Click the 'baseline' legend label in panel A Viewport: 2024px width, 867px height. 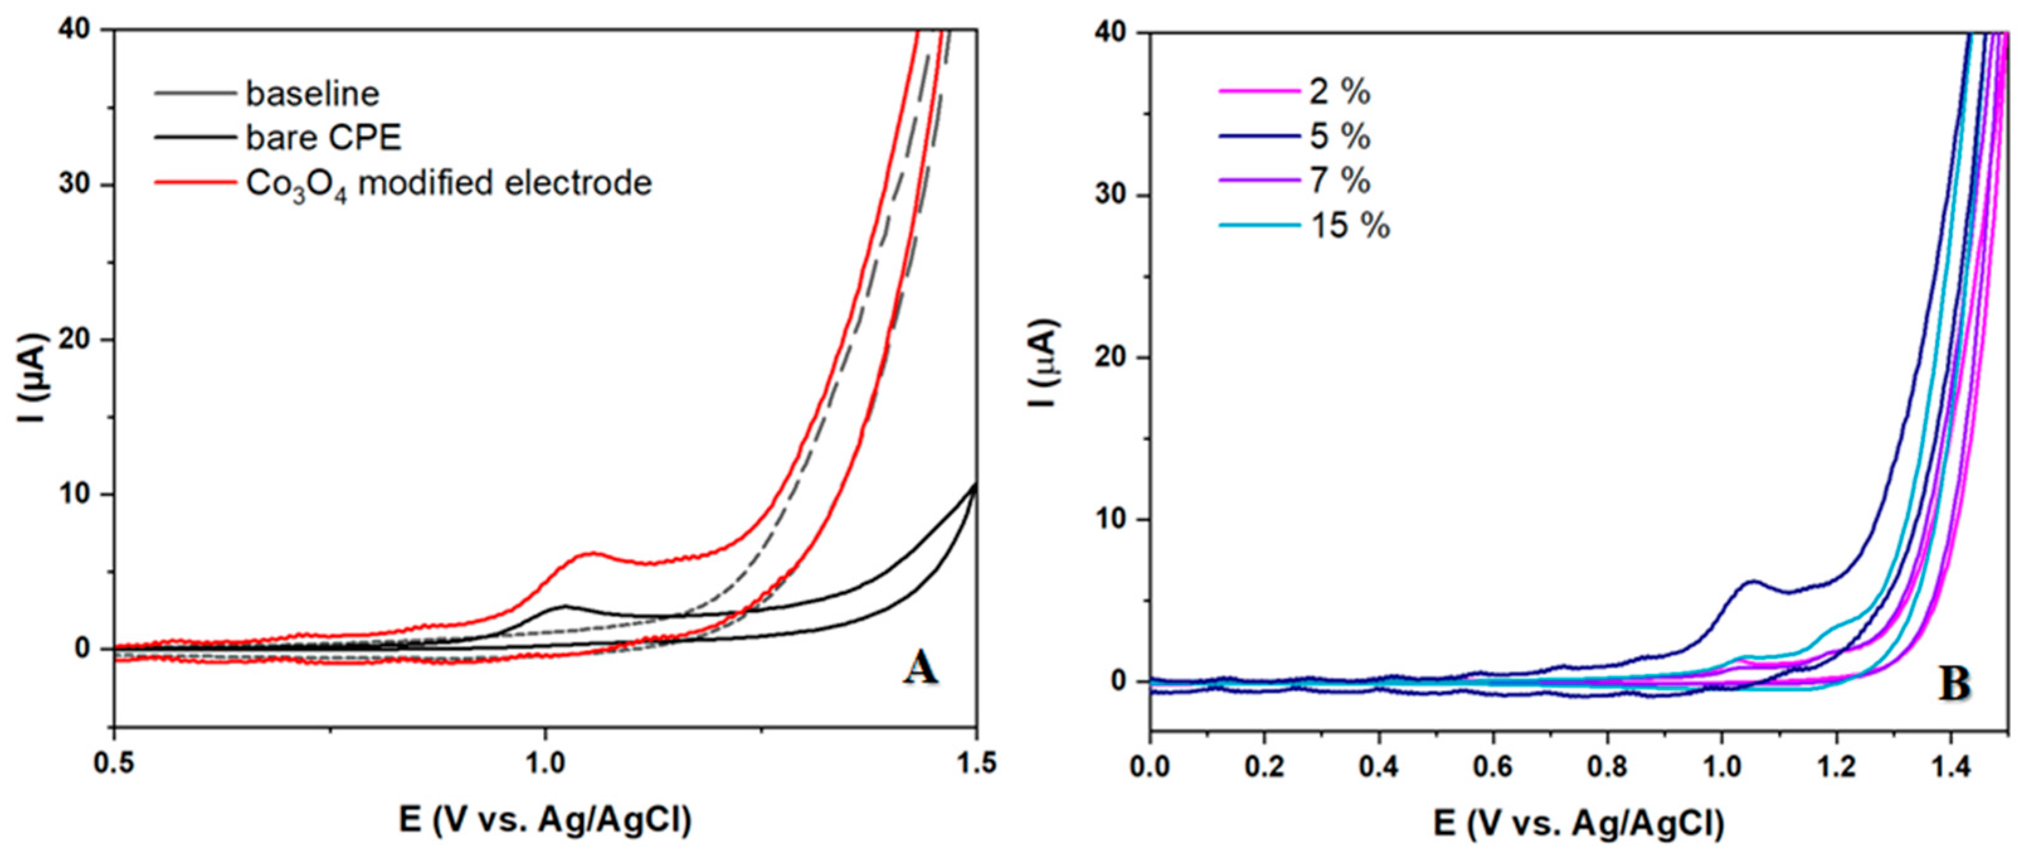point(312,94)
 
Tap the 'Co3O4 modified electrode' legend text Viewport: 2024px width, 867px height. point(449,184)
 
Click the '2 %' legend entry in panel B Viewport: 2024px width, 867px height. point(1339,92)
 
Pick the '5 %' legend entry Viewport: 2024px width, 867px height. point(1339,137)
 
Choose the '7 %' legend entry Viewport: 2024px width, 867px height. point(1339,181)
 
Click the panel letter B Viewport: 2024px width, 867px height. point(1954,684)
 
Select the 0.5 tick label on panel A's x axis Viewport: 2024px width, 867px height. point(115,762)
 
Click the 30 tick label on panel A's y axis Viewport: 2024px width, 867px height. point(75,184)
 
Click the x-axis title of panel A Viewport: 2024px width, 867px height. point(545,820)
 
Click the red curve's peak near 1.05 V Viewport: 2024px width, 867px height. point(591,554)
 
